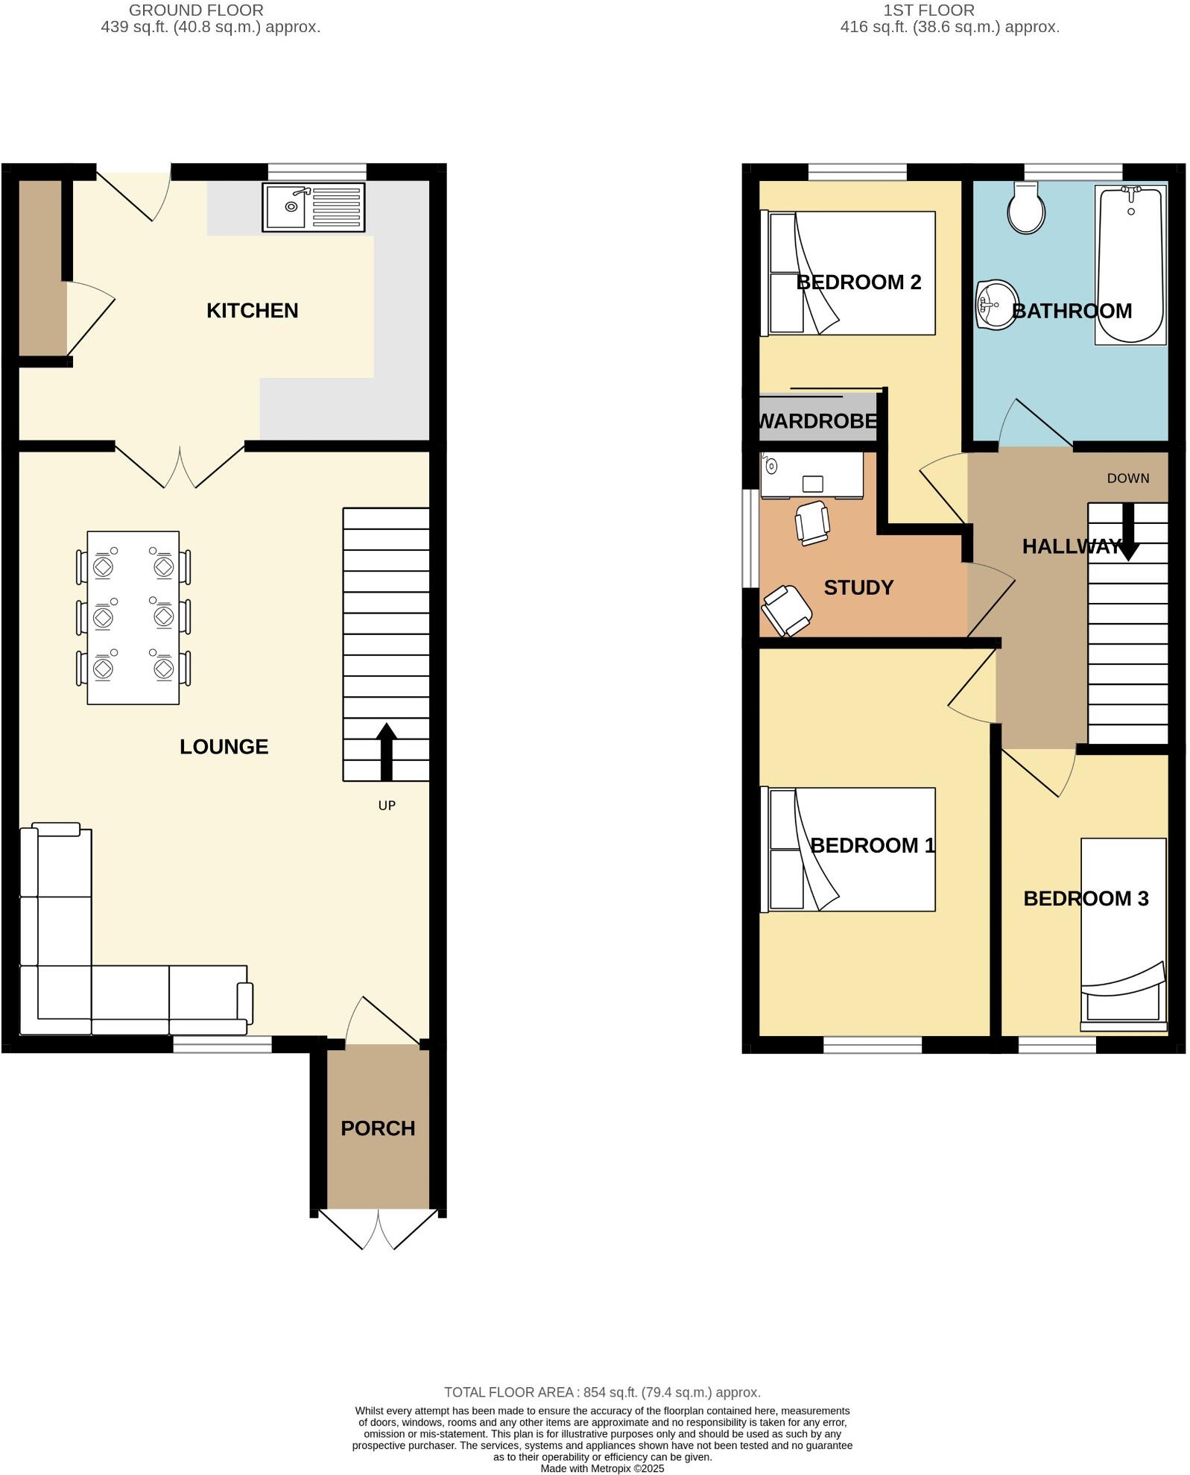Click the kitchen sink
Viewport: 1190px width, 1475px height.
(x=313, y=206)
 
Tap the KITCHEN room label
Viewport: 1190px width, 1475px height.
(x=252, y=311)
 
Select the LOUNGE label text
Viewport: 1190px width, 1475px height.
(x=224, y=747)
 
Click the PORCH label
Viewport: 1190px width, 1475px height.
(x=378, y=1128)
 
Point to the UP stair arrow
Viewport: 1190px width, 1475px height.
(x=386, y=751)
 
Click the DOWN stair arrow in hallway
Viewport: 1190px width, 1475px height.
(x=1128, y=531)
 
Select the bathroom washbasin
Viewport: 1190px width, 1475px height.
(x=996, y=304)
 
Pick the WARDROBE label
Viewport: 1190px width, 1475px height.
(x=817, y=421)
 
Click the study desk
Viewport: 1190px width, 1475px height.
(x=811, y=475)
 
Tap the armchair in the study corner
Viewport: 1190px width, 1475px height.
(x=786, y=610)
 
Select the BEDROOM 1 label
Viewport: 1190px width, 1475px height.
(x=872, y=846)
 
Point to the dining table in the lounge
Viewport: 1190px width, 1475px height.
(x=133, y=617)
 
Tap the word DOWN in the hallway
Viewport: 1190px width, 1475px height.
(x=1127, y=478)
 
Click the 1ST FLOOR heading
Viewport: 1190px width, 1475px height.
(x=928, y=10)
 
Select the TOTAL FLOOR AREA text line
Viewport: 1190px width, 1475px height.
(x=602, y=1392)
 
